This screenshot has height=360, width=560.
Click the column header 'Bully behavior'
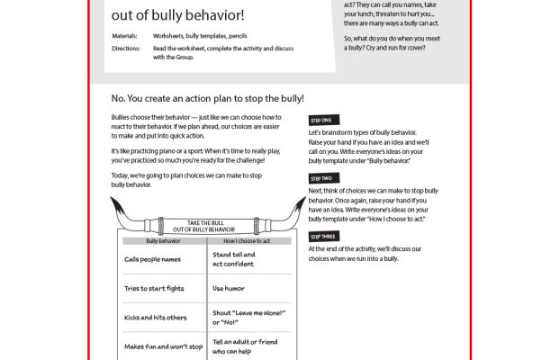(164, 241)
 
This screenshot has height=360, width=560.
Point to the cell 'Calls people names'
(152, 259)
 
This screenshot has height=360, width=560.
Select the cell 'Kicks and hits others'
(157, 319)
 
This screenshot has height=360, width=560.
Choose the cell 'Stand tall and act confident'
(233, 259)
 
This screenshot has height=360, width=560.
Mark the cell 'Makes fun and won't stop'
(162, 347)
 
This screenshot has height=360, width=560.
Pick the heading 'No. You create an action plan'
(208, 97)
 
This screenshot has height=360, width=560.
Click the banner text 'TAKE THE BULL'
(209, 221)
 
